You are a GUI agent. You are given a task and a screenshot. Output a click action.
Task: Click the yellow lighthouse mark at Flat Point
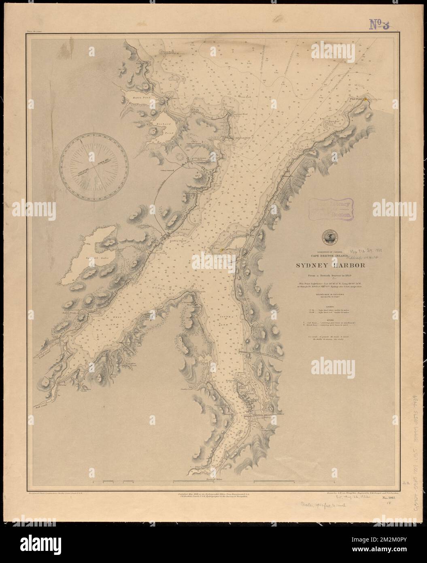point(365,98)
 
